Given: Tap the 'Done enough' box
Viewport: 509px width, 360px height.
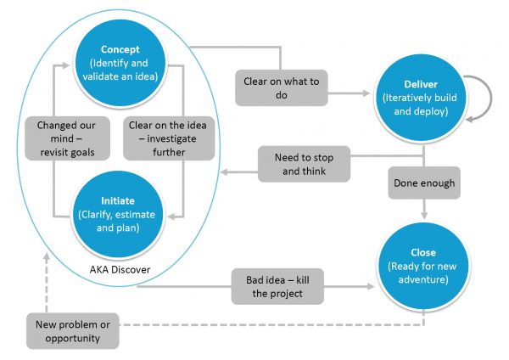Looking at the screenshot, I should point(422,182).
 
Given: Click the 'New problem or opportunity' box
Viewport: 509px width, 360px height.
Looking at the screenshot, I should point(71,329).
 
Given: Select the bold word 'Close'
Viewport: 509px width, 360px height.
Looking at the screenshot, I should point(422,252).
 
